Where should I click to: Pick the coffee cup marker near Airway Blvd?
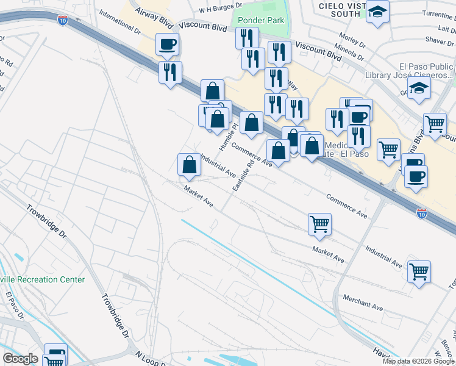click(x=167, y=44)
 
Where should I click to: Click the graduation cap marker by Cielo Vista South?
click(x=377, y=12)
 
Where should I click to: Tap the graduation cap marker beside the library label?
click(x=419, y=89)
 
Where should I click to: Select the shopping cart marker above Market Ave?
click(x=319, y=224)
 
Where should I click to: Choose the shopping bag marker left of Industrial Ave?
click(x=189, y=164)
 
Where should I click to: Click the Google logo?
click(x=20, y=359)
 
